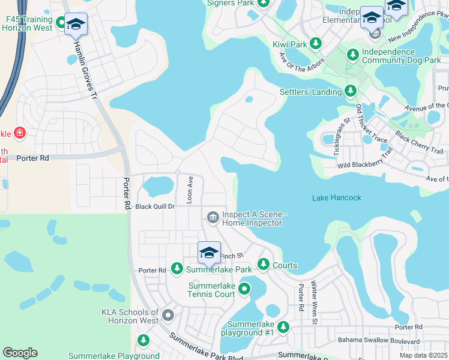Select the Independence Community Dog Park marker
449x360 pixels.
pos(353,55)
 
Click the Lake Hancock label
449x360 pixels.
pos(337,197)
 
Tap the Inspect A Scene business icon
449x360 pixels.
pos(212,217)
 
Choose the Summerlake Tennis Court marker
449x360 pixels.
pos(244,290)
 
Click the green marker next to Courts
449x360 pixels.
pos(263,264)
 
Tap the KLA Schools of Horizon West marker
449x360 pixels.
pos(168,314)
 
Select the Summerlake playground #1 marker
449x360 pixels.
pos(283,327)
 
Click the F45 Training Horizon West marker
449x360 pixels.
pos(61,23)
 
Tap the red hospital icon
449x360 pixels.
pos(19,133)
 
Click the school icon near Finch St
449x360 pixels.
pos(209,253)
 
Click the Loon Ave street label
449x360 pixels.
pos(190,190)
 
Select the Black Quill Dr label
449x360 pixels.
pos(154,206)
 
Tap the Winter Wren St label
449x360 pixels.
pos(313,303)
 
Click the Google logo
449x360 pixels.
pos(20,353)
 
